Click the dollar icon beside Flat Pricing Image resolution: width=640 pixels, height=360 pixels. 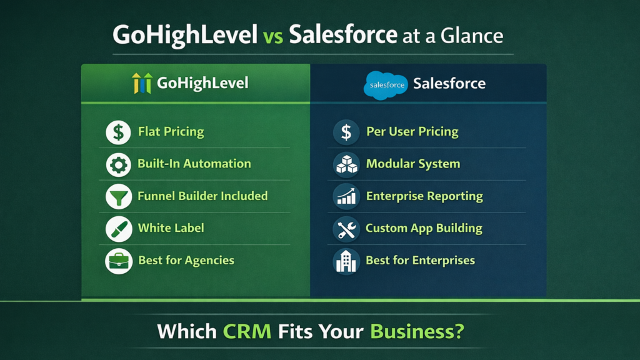click(x=118, y=132)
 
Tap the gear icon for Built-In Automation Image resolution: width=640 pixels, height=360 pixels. click(x=118, y=164)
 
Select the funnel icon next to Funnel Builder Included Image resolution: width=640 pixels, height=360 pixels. click(x=118, y=196)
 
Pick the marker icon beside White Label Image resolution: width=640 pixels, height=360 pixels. click(x=118, y=228)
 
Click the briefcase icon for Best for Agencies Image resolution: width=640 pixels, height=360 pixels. click(x=118, y=261)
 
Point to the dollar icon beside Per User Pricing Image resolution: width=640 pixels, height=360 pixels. click(x=346, y=132)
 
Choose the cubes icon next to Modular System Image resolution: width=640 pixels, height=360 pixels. click(x=346, y=164)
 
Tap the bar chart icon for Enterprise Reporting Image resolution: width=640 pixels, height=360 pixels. click(x=346, y=196)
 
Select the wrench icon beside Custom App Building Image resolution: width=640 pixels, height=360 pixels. click(x=346, y=229)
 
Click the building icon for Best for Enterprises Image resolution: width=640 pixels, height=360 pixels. click(x=346, y=261)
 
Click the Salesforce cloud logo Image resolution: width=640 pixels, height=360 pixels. click(x=385, y=84)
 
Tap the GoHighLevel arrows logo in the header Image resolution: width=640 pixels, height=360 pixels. click(x=142, y=83)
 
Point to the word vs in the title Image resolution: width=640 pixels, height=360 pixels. click(x=273, y=36)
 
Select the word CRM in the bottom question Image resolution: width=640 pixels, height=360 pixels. click(x=247, y=331)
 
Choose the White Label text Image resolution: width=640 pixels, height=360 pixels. click(x=171, y=228)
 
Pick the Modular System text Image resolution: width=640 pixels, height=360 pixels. click(x=412, y=164)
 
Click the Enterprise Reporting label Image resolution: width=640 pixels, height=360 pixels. click(x=424, y=196)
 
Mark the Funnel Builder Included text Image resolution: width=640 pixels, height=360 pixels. click(x=202, y=196)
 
